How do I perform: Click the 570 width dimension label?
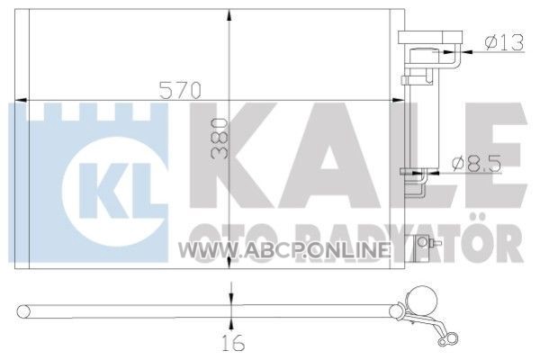[180, 90]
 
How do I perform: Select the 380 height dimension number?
[220, 139]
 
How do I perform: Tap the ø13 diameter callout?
[504, 42]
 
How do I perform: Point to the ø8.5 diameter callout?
[477, 164]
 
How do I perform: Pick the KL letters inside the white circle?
[116, 191]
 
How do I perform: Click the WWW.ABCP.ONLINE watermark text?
[284, 250]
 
